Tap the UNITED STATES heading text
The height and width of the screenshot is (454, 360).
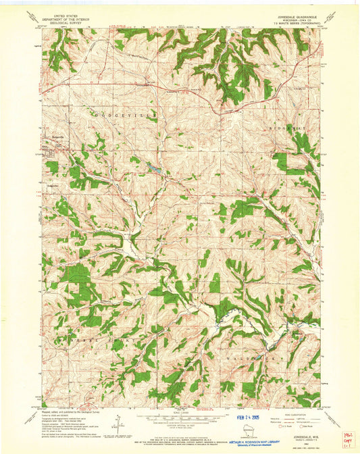click(57, 13)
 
